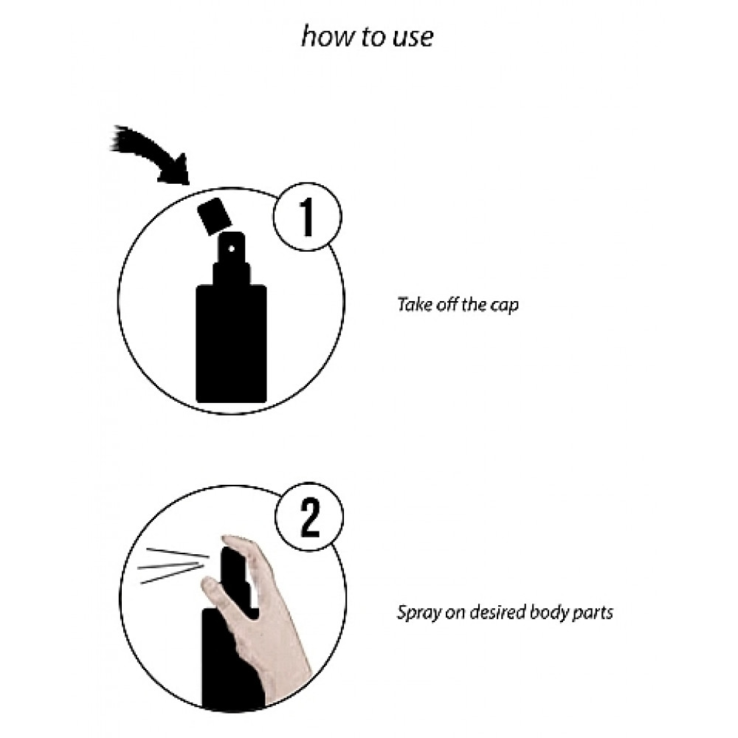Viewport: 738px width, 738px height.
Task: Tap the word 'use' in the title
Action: pos(413,38)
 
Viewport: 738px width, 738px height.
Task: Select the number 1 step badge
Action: pos(307,216)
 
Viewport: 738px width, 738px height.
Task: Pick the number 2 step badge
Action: pos(309,517)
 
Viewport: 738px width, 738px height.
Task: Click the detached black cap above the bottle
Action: pos(214,216)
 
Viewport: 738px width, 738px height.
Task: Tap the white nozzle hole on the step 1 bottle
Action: pos(232,249)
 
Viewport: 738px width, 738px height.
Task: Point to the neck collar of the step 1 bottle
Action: pos(231,274)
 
